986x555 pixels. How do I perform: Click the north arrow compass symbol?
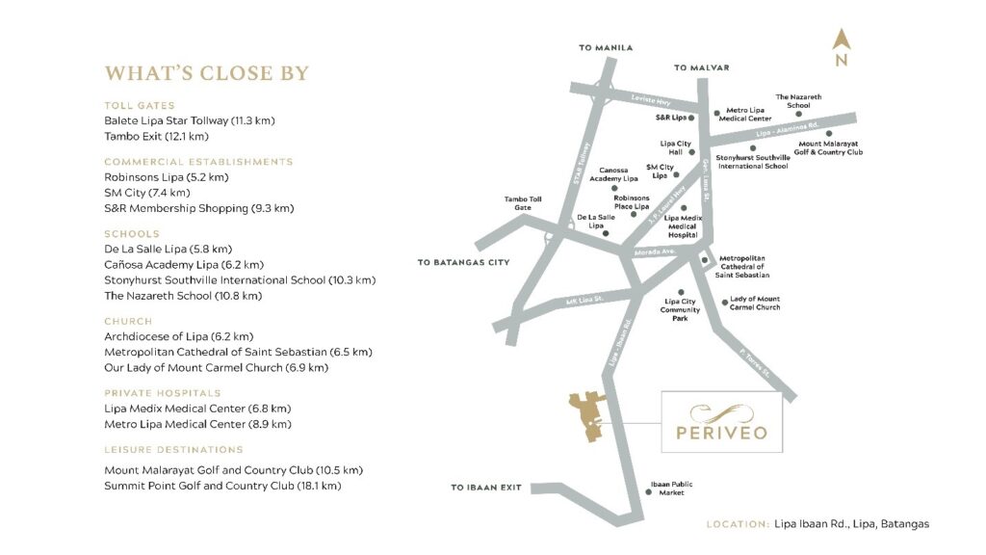pos(841,46)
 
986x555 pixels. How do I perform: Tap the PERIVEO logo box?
pos(721,421)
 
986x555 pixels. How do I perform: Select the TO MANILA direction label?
pos(606,47)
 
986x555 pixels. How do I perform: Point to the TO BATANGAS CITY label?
pos(462,261)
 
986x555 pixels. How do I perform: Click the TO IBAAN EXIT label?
pos(486,488)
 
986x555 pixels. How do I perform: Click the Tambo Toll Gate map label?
pos(524,204)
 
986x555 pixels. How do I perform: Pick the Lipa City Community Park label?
pos(681,308)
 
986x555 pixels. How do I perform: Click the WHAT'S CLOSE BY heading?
pos(207,74)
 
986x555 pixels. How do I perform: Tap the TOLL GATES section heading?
pos(139,105)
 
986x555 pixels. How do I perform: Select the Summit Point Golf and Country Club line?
pos(222,486)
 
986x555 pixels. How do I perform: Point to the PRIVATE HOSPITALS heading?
pos(163,393)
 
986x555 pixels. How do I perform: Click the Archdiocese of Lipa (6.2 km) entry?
pos(178,336)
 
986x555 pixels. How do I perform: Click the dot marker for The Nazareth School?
pos(798,114)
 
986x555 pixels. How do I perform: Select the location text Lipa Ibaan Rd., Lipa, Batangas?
pos(851,524)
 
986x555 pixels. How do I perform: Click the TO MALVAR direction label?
pos(701,67)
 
